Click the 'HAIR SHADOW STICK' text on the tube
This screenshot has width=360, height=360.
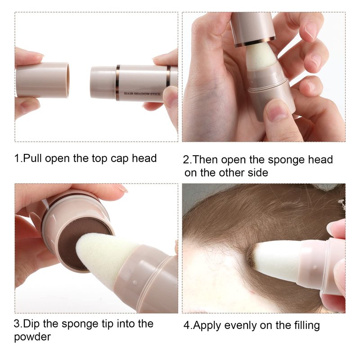[x=142, y=94]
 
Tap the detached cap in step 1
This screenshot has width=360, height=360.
[x=42, y=80]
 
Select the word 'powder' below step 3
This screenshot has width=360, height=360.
[x=32, y=337]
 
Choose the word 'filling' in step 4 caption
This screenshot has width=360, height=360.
[x=307, y=326]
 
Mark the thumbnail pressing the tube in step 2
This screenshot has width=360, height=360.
[x=277, y=110]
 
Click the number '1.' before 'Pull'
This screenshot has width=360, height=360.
[x=18, y=158]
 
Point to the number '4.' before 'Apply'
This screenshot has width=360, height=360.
[x=188, y=325]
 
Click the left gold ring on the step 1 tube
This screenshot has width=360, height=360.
[x=117, y=83]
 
